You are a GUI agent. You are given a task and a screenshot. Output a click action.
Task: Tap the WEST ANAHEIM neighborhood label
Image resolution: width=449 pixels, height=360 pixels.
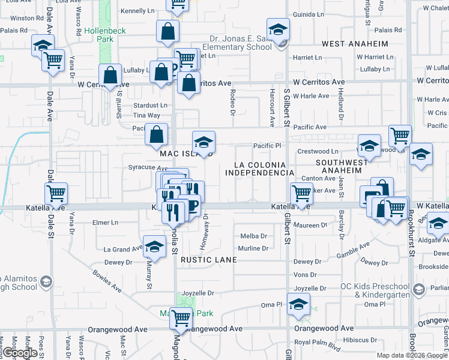[x=355, y=44]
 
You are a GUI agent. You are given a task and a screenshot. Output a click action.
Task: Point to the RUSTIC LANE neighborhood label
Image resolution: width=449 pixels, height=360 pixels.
[x=206, y=260]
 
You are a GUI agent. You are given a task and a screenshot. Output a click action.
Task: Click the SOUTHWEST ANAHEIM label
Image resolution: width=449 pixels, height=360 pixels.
[x=342, y=166]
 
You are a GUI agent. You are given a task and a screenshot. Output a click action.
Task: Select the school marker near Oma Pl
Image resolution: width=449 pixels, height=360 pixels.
[x=298, y=304]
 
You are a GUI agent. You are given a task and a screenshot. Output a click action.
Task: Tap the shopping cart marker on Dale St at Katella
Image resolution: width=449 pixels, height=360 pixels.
[x=56, y=193]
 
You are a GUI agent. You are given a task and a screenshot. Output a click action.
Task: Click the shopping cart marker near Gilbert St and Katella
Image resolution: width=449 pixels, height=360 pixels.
[x=301, y=193]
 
